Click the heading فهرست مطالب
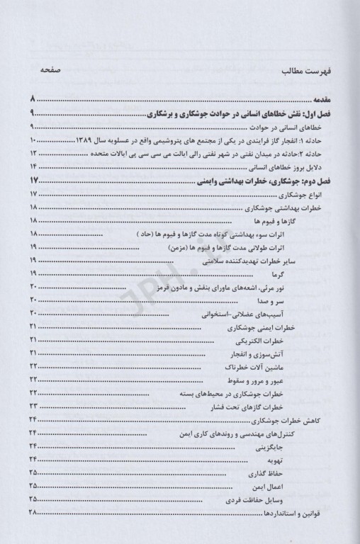(303, 72)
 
